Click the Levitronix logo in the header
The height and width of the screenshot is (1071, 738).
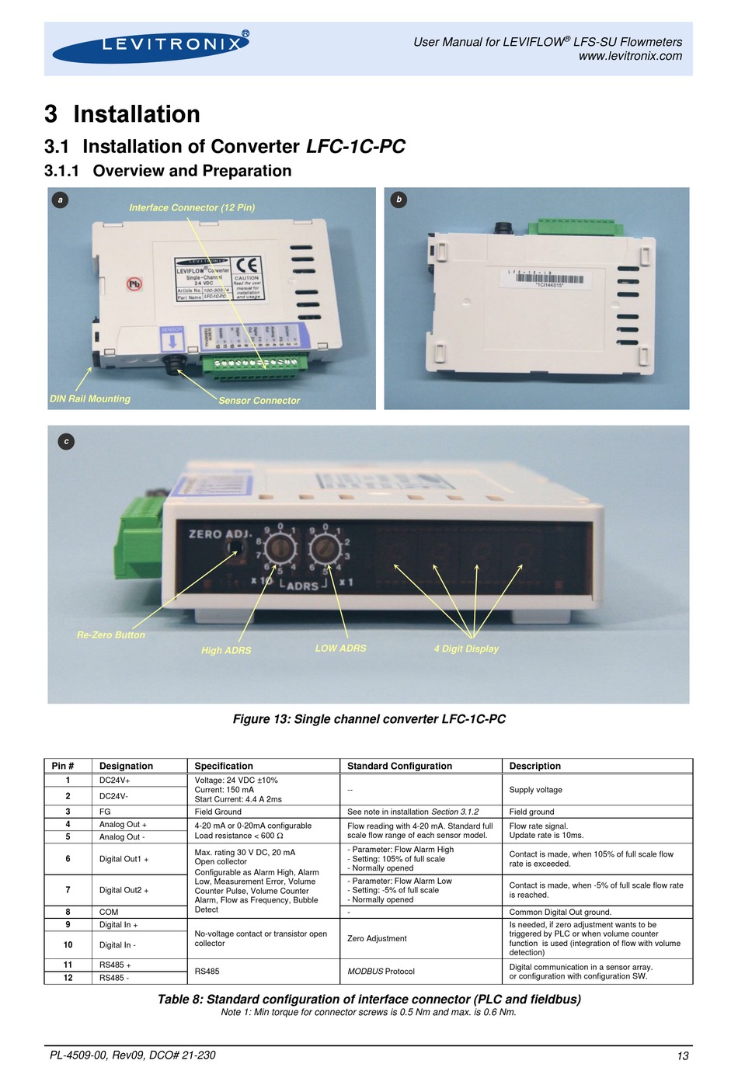click(151, 46)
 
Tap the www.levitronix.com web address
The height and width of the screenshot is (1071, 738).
click(630, 56)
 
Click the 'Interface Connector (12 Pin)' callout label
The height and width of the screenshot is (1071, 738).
click(192, 207)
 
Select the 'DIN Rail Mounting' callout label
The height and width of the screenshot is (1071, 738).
click(90, 398)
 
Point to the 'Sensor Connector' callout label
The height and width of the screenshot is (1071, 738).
click(259, 401)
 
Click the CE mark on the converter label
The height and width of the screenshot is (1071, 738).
click(248, 265)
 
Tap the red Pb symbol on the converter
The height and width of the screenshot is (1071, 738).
click(134, 284)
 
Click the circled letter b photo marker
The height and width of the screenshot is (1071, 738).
click(399, 200)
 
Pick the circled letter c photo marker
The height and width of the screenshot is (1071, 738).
click(67, 441)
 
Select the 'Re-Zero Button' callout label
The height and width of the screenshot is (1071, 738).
click(111, 635)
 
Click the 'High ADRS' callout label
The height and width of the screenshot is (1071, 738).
click(226, 651)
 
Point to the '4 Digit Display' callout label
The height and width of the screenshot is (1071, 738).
click(466, 649)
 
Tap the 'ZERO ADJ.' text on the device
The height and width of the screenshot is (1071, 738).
click(220, 534)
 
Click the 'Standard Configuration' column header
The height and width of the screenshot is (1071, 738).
click(399, 766)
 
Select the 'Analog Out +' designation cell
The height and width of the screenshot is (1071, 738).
click(123, 825)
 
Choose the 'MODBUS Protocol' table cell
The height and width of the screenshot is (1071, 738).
click(381, 972)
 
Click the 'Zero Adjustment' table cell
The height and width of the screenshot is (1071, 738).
click(377, 939)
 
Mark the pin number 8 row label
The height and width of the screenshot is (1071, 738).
click(68, 913)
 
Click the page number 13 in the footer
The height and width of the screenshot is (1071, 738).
click(683, 1055)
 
